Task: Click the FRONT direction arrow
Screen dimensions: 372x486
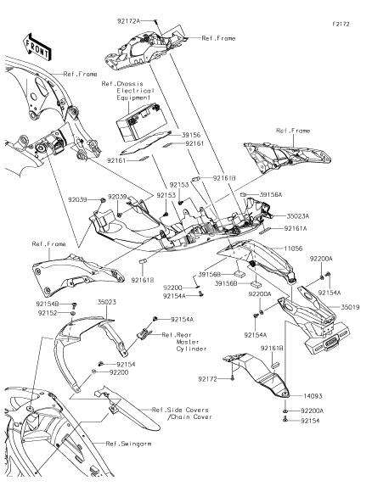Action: pyautogui.click(x=37, y=47)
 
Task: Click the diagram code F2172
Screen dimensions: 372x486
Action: pyautogui.click(x=341, y=24)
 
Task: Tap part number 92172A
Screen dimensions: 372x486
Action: pyautogui.click(x=129, y=21)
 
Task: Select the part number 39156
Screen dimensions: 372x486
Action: pyautogui.click(x=191, y=135)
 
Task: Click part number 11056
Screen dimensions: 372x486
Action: pyautogui.click(x=293, y=249)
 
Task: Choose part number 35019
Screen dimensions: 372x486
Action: pyautogui.click(x=350, y=307)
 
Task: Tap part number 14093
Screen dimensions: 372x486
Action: pyautogui.click(x=313, y=396)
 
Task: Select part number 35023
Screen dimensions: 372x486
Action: pyautogui.click(x=107, y=302)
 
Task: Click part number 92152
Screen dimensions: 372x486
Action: pyautogui.click(x=48, y=313)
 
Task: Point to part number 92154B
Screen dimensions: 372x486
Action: pyautogui.click(x=48, y=304)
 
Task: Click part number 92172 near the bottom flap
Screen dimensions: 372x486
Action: pyautogui.click(x=208, y=379)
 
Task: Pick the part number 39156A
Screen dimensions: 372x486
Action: pyautogui.click(x=271, y=194)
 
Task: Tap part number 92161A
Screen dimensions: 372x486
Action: pyautogui.click(x=296, y=228)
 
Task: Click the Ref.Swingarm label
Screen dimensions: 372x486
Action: pyautogui.click(x=129, y=444)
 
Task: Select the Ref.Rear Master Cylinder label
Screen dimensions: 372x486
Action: pyautogui.click(x=184, y=342)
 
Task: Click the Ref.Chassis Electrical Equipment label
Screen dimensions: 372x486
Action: pyautogui.click(x=128, y=91)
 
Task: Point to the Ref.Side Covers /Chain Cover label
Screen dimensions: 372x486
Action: pyautogui.click(x=182, y=413)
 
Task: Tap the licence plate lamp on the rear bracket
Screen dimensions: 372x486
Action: pyautogui.click(x=330, y=345)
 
